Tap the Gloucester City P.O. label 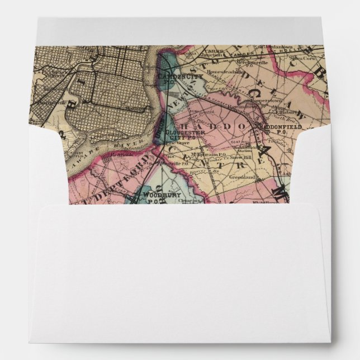pos(179,135)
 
